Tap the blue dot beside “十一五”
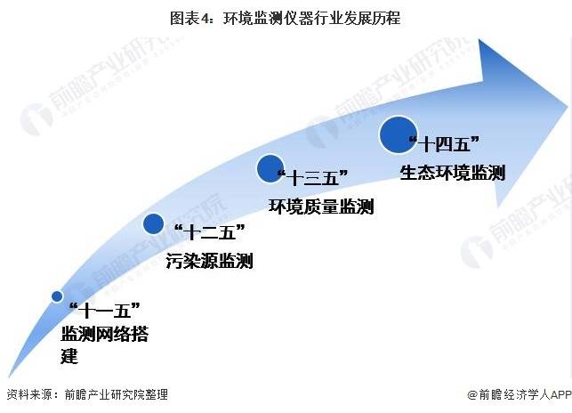pyautogui.click(x=57, y=296)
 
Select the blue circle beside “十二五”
pyautogui.click(x=153, y=223)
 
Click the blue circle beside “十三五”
pyautogui.click(x=270, y=168)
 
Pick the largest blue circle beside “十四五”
pyautogui.click(x=399, y=134)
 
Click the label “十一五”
pyautogui.click(x=105, y=311)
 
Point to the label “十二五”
pyautogui.click(x=210, y=232)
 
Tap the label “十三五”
pyautogui.click(x=312, y=178)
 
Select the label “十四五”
pyautogui.click(x=444, y=143)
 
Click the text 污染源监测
pyautogui.click(x=209, y=261)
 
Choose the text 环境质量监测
pyautogui.click(x=321, y=206)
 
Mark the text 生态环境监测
pyautogui.click(x=452, y=173)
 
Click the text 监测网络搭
pyautogui.click(x=105, y=334)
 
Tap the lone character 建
pyautogui.click(x=69, y=356)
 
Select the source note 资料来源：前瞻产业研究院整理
pyautogui.click(x=87, y=394)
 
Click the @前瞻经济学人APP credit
pyautogui.click(x=520, y=394)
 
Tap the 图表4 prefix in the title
pyautogui.click(x=189, y=19)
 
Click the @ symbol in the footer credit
pyautogui.click(x=472, y=395)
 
